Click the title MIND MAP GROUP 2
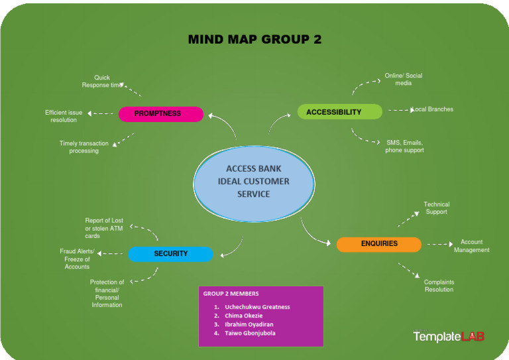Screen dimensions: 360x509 (x=254, y=39)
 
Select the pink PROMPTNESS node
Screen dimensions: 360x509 (x=161, y=114)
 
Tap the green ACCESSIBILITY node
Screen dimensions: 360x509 (x=339, y=112)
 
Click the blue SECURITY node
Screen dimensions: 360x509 (x=171, y=254)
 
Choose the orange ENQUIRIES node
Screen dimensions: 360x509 (x=379, y=244)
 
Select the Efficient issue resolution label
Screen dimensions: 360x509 (x=64, y=117)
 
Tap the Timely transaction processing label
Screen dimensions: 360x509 (x=84, y=147)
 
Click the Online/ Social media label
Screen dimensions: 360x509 (x=403, y=80)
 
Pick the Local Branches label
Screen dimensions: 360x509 (x=433, y=109)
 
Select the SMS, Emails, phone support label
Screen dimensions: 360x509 (x=404, y=147)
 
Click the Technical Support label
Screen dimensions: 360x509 (x=436, y=208)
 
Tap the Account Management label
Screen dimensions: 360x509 (x=471, y=246)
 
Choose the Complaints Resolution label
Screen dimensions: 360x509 (x=439, y=286)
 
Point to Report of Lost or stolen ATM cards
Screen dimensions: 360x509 (x=104, y=228)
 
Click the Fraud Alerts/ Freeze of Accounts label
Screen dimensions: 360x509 (x=78, y=259)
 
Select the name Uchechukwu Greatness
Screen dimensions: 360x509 (x=257, y=307)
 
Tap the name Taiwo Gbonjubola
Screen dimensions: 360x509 (x=250, y=333)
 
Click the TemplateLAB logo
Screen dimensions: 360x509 (x=449, y=337)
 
